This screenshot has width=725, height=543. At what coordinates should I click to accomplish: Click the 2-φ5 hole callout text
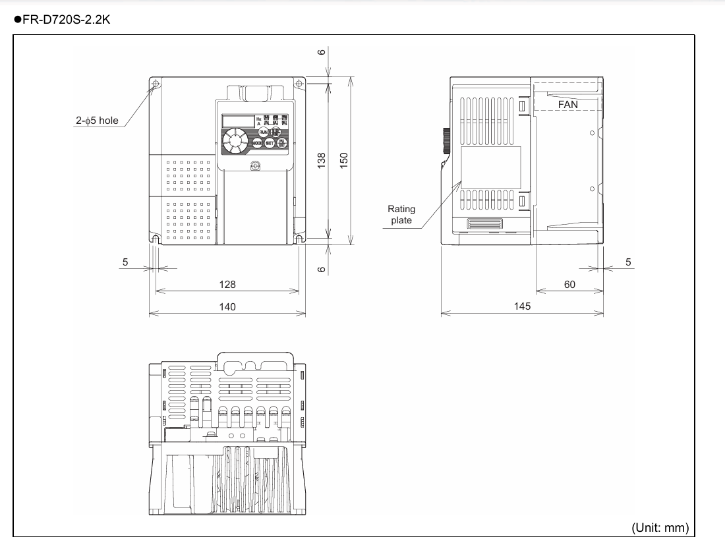pyautogui.click(x=96, y=121)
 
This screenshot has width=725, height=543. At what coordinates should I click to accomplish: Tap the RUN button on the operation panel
pyautogui.click(x=263, y=132)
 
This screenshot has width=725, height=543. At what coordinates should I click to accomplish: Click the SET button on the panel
pyautogui.click(x=270, y=143)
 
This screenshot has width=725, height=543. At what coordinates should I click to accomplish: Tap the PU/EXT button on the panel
pyautogui.click(x=281, y=143)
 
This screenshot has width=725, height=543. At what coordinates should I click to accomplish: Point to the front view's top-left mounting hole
pyautogui.click(x=156, y=84)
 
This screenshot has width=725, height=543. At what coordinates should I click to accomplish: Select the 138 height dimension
pyautogui.click(x=322, y=159)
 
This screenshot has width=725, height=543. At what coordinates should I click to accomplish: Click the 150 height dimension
pyautogui.click(x=344, y=159)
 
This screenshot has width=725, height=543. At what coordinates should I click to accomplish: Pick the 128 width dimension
pyautogui.click(x=227, y=285)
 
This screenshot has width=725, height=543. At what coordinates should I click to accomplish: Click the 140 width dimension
pyautogui.click(x=227, y=306)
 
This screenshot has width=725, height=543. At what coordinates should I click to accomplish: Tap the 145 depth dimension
pyautogui.click(x=522, y=306)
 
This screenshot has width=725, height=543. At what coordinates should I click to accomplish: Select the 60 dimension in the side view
pyautogui.click(x=569, y=285)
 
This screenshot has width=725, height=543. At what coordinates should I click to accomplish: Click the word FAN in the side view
pyautogui.click(x=567, y=104)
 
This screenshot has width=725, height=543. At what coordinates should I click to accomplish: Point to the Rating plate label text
pyautogui.click(x=401, y=215)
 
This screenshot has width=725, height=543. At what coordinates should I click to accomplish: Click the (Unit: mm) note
pyautogui.click(x=660, y=527)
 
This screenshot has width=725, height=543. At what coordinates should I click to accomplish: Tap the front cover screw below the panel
pyautogui.click(x=254, y=165)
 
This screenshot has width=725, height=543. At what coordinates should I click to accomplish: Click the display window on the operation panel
pyautogui.click(x=239, y=121)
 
